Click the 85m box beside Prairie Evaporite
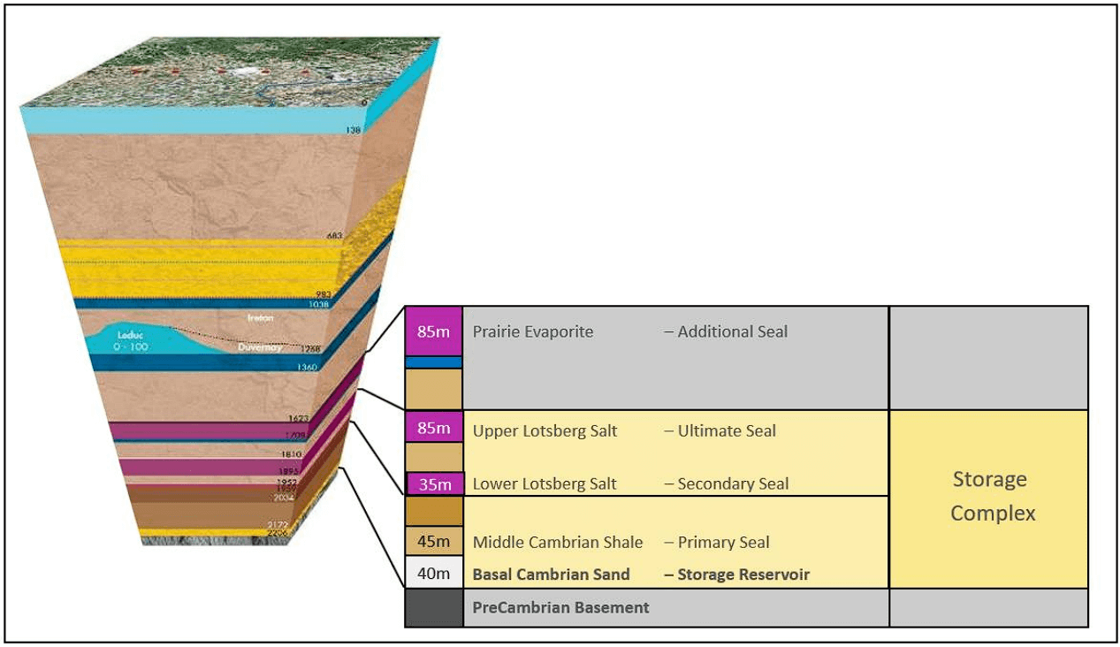pos(434,332)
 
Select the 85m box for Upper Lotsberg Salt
pos(434,429)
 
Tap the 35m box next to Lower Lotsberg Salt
pos(435,484)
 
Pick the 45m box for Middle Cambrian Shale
pos(434,542)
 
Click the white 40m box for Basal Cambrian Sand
pos(434,574)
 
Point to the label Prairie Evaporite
pos(533,332)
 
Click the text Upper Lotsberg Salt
pos(545,431)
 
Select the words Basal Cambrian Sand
pos(552,575)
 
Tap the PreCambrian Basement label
pos(560,608)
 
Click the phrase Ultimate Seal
pos(727,431)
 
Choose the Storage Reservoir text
pos(743,575)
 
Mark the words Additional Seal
pos(732,332)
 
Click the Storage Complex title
pos(989,496)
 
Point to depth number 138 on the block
pos(354,131)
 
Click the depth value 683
pos(334,236)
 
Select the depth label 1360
pos(308,367)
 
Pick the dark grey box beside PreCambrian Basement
pos(434,608)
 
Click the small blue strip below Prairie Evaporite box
pos(434,362)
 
